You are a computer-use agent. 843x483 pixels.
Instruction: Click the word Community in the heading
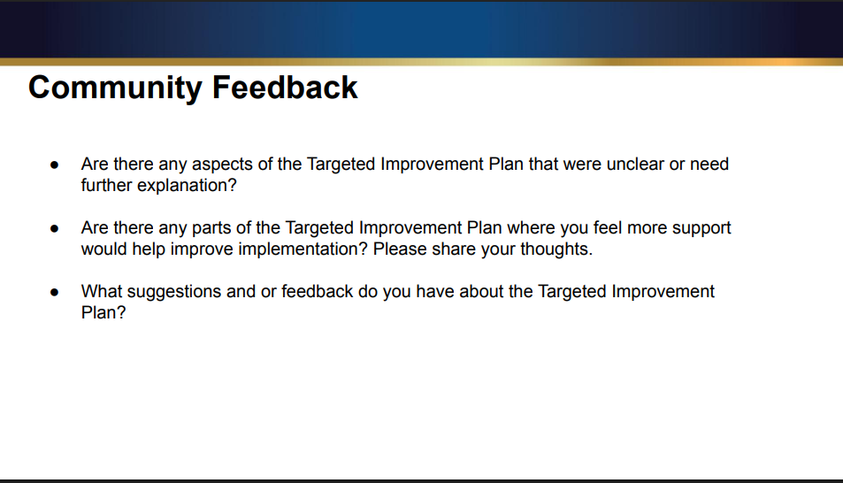115,88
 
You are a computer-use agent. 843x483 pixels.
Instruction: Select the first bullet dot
55,165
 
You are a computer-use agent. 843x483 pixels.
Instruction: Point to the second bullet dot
55,228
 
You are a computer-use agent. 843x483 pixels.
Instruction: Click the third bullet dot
55,292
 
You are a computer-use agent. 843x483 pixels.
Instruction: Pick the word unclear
635,165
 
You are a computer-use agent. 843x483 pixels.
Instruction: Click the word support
701,228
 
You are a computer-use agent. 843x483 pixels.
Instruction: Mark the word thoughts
556,249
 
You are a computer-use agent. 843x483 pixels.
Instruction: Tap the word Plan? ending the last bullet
103,313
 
